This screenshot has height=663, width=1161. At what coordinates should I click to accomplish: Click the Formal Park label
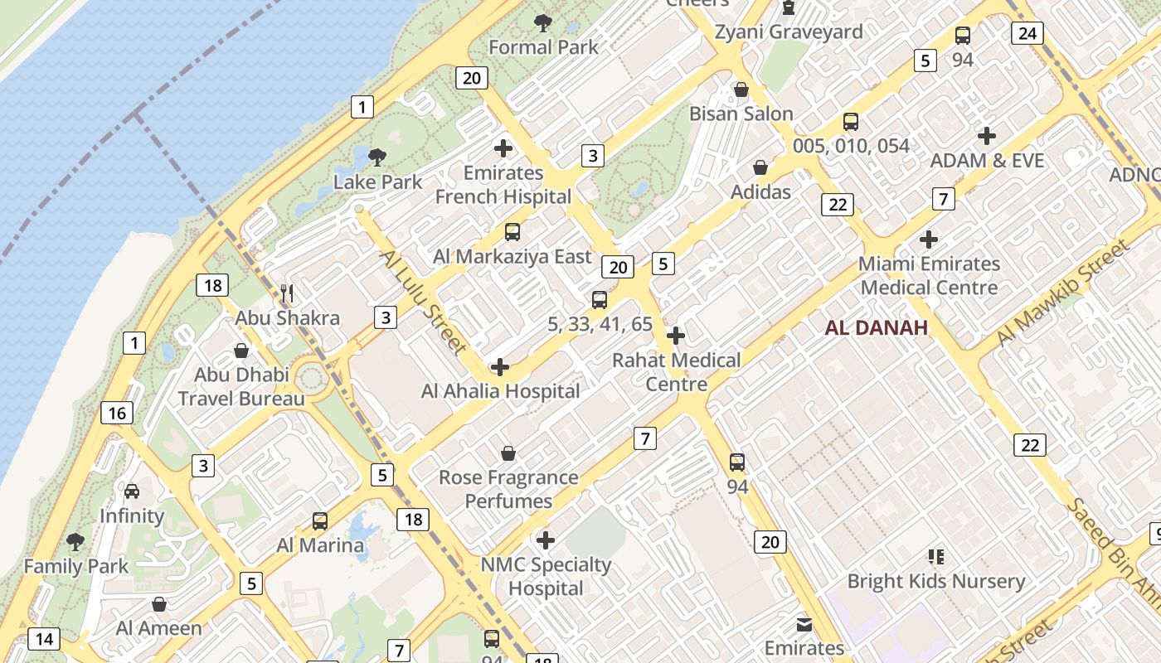pyautogui.click(x=543, y=47)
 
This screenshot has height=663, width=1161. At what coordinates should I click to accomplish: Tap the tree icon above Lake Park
pyautogui.click(x=377, y=157)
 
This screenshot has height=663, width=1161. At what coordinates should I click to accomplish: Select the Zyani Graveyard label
pyautogui.click(x=789, y=32)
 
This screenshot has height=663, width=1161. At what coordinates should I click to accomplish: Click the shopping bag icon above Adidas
pyautogui.click(x=760, y=168)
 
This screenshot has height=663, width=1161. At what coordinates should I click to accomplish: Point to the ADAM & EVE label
pyautogui.click(x=987, y=160)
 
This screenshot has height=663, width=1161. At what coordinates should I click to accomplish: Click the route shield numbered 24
pyautogui.click(x=1027, y=33)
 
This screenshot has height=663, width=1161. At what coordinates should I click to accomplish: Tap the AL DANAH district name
pyautogui.click(x=876, y=328)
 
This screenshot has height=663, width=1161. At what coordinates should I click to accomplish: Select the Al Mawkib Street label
pyautogui.click(x=1063, y=292)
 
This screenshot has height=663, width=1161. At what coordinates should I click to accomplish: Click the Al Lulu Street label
pyautogui.click(x=423, y=300)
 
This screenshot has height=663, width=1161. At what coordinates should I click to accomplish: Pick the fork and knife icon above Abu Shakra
pyautogui.click(x=287, y=293)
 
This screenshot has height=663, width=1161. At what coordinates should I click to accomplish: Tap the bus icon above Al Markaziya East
pyautogui.click(x=512, y=232)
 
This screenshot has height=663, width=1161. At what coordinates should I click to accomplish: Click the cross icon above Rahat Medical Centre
pyautogui.click(x=676, y=336)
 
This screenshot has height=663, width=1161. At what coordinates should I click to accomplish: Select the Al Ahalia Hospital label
pyautogui.click(x=500, y=390)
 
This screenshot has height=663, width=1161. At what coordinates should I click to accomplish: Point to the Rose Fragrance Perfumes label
pyautogui.click(x=508, y=489)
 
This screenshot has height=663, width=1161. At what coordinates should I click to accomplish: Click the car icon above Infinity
pyautogui.click(x=132, y=491)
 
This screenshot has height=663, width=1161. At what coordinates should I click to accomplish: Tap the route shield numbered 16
pyautogui.click(x=117, y=413)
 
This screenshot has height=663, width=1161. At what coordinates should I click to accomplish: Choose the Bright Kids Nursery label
pyautogui.click(x=935, y=581)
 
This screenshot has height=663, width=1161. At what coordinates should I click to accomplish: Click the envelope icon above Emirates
pyautogui.click(x=804, y=624)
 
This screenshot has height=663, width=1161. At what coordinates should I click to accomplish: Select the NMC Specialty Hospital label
pyautogui.click(x=546, y=577)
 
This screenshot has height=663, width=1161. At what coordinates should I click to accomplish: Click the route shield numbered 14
pyautogui.click(x=44, y=639)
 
